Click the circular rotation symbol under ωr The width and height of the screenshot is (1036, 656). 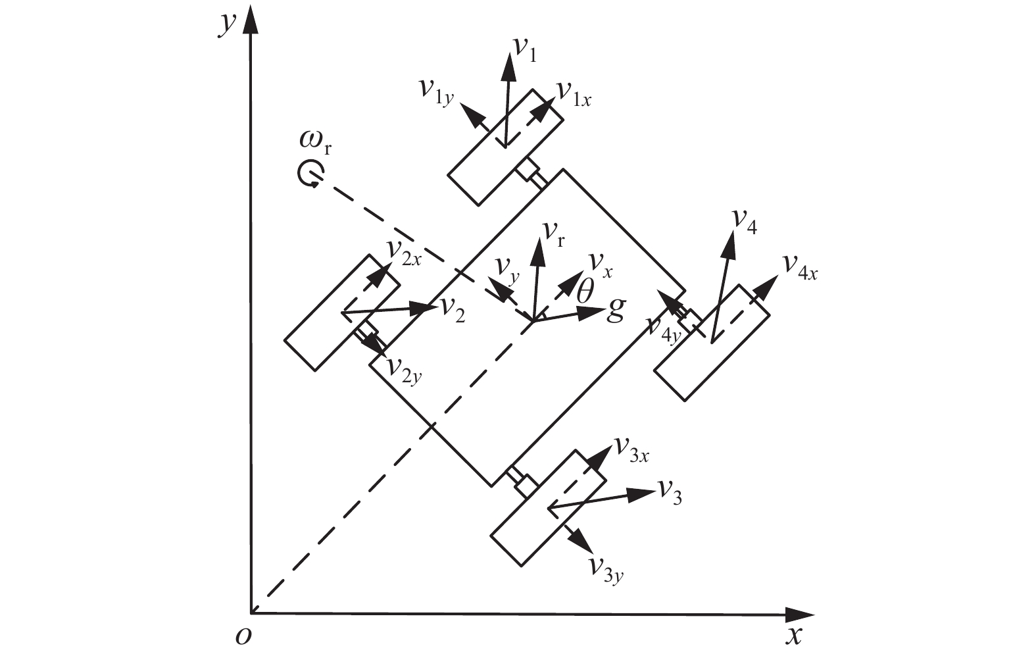(x=309, y=173)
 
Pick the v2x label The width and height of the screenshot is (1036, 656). (x=403, y=251)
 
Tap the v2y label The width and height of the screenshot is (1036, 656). (x=404, y=368)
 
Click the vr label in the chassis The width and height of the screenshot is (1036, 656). (x=553, y=232)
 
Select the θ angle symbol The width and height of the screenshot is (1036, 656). (x=584, y=291)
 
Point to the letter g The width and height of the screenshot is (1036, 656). (x=615, y=308)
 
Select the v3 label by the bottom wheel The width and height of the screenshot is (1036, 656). (x=670, y=492)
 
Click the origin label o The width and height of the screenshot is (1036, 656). (x=243, y=637)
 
